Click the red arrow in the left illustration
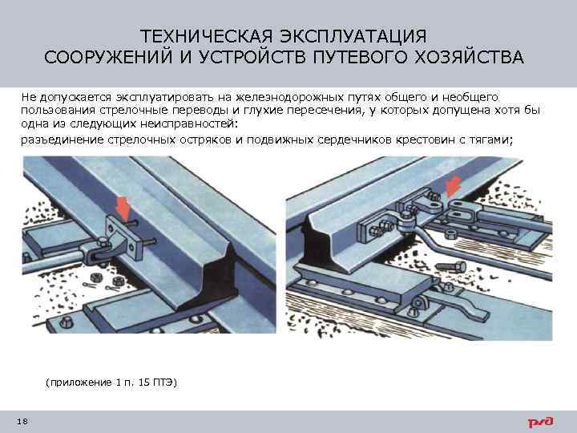[123, 207]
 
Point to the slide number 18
[21, 422]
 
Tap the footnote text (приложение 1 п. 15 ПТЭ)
[111, 382]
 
